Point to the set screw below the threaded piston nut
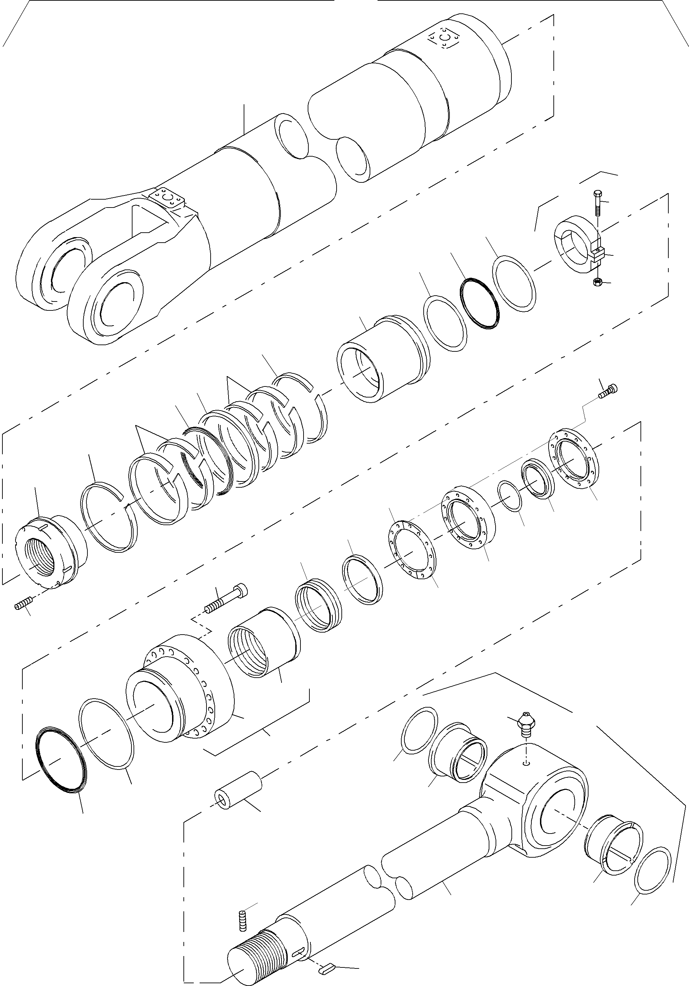coord(20,606)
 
